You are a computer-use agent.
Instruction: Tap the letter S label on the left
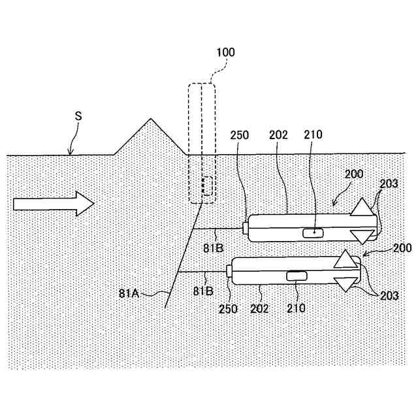[x=78, y=115]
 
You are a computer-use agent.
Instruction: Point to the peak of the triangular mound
[x=152, y=119]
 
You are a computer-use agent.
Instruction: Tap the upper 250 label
[x=240, y=135]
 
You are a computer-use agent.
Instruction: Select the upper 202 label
[x=277, y=135]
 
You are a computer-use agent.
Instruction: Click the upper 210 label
[x=314, y=135]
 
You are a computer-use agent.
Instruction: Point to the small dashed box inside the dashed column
[x=206, y=185]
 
